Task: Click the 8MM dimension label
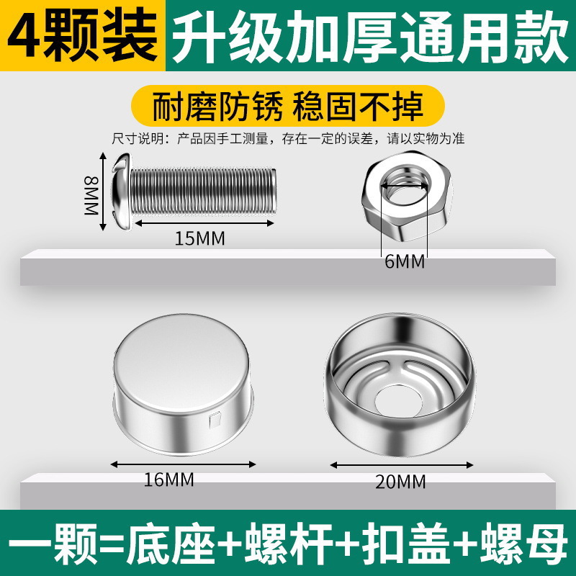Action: click(91, 195)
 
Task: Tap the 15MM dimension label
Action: click(199, 238)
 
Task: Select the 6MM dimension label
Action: click(405, 261)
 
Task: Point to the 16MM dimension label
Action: click(168, 480)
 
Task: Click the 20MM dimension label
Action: click(400, 482)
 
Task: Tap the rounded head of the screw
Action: click(122, 192)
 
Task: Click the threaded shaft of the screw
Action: click(203, 191)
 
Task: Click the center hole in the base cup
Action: click(399, 402)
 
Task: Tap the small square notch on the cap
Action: click(215, 420)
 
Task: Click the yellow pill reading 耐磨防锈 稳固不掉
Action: click(288, 106)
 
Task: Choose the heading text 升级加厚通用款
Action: click(370, 37)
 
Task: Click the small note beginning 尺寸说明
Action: click(288, 139)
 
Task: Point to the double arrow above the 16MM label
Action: click(183, 464)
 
